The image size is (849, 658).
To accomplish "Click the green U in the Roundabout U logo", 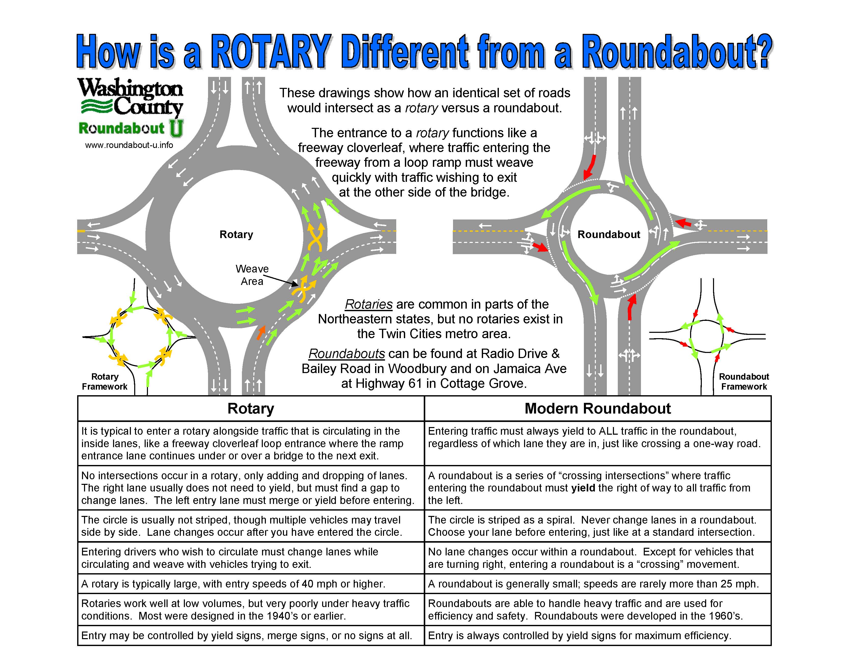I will click(x=176, y=128).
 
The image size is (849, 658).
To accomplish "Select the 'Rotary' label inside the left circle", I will click(x=236, y=234).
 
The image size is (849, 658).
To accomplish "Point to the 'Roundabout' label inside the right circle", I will click(x=608, y=234).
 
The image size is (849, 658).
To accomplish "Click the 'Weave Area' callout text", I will click(x=252, y=275).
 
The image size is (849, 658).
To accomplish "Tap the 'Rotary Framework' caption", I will click(x=105, y=381).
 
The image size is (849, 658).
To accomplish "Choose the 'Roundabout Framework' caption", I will click(x=744, y=381).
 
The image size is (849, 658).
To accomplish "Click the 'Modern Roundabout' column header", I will click(x=597, y=408).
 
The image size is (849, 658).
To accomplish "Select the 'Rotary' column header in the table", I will click(x=251, y=408).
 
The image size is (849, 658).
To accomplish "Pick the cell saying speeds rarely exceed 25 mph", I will click(x=597, y=584).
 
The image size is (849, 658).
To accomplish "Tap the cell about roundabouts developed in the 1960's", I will click(x=597, y=609).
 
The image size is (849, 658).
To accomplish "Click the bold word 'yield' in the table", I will click(x=583, y=488).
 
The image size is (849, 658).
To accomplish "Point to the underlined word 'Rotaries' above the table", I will click(x=368, y=304).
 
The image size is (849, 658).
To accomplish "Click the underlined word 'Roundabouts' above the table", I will click(x=346, y=354).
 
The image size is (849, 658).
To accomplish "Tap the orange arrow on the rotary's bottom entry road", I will click(x=261, y=332).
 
